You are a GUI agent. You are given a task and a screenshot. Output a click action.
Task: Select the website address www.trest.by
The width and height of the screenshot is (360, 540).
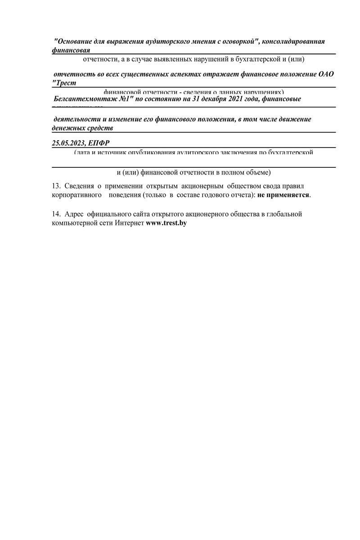[x=166, y=223]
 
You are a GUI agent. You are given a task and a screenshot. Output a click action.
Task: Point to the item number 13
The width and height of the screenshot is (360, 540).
[x=56, y=186]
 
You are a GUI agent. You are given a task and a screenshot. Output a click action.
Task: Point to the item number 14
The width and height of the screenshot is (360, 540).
[x=56, y=214]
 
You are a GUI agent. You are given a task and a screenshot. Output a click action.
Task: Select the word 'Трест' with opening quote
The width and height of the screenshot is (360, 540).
[x=64, y=83]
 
